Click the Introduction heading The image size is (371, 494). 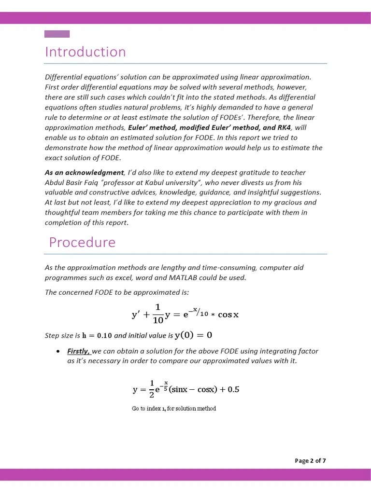(x=85, y=52)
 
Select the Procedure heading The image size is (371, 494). (x=82, y=242)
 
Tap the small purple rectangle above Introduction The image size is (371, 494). (x=57, y=34)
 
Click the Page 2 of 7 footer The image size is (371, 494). (x=310, y=461)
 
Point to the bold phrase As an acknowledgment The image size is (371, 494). (x=84, y=172)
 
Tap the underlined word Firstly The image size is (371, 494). (x=78, y=351)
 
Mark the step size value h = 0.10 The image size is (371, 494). (x=97, y=335)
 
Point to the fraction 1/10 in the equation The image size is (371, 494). (x=157, y=314)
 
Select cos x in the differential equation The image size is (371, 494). (x=228, y=315)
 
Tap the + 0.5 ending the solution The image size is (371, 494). (x=229, y=389)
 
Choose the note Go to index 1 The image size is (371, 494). (x=174, y=409)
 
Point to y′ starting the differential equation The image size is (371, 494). (x=136, y=315)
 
